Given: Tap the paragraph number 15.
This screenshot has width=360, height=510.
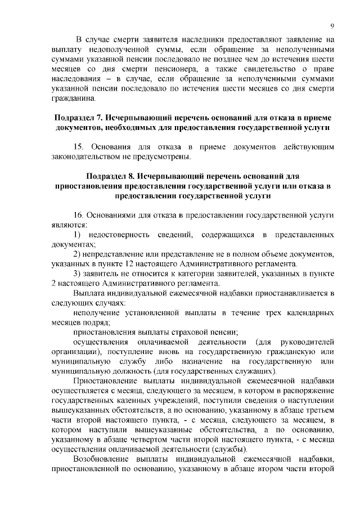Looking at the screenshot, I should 79,147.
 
